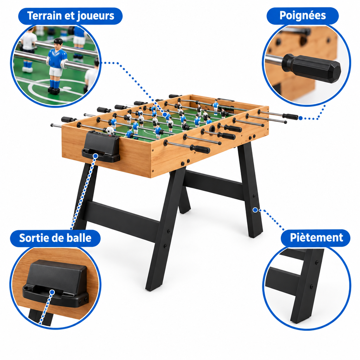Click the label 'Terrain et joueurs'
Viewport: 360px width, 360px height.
[70, 16]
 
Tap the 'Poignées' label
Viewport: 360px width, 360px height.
[303, 15]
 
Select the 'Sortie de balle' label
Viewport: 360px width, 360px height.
[55, 238]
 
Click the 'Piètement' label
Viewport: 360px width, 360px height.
[316, 238]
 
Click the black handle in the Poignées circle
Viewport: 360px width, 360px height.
[311, 68]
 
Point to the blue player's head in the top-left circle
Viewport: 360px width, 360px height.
[58, 44]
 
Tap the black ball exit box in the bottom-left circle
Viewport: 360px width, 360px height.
[56, 284]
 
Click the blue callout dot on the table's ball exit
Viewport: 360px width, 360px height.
[96, 156]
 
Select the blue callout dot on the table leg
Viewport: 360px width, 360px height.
[255, 210]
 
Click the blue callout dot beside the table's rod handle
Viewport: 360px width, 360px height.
[300, 118]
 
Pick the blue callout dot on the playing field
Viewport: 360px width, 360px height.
[165, 114]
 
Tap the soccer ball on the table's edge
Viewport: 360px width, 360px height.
[110, 131]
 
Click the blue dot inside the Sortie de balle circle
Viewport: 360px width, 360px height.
[52, 292]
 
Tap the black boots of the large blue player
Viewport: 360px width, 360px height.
[54, 90]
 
